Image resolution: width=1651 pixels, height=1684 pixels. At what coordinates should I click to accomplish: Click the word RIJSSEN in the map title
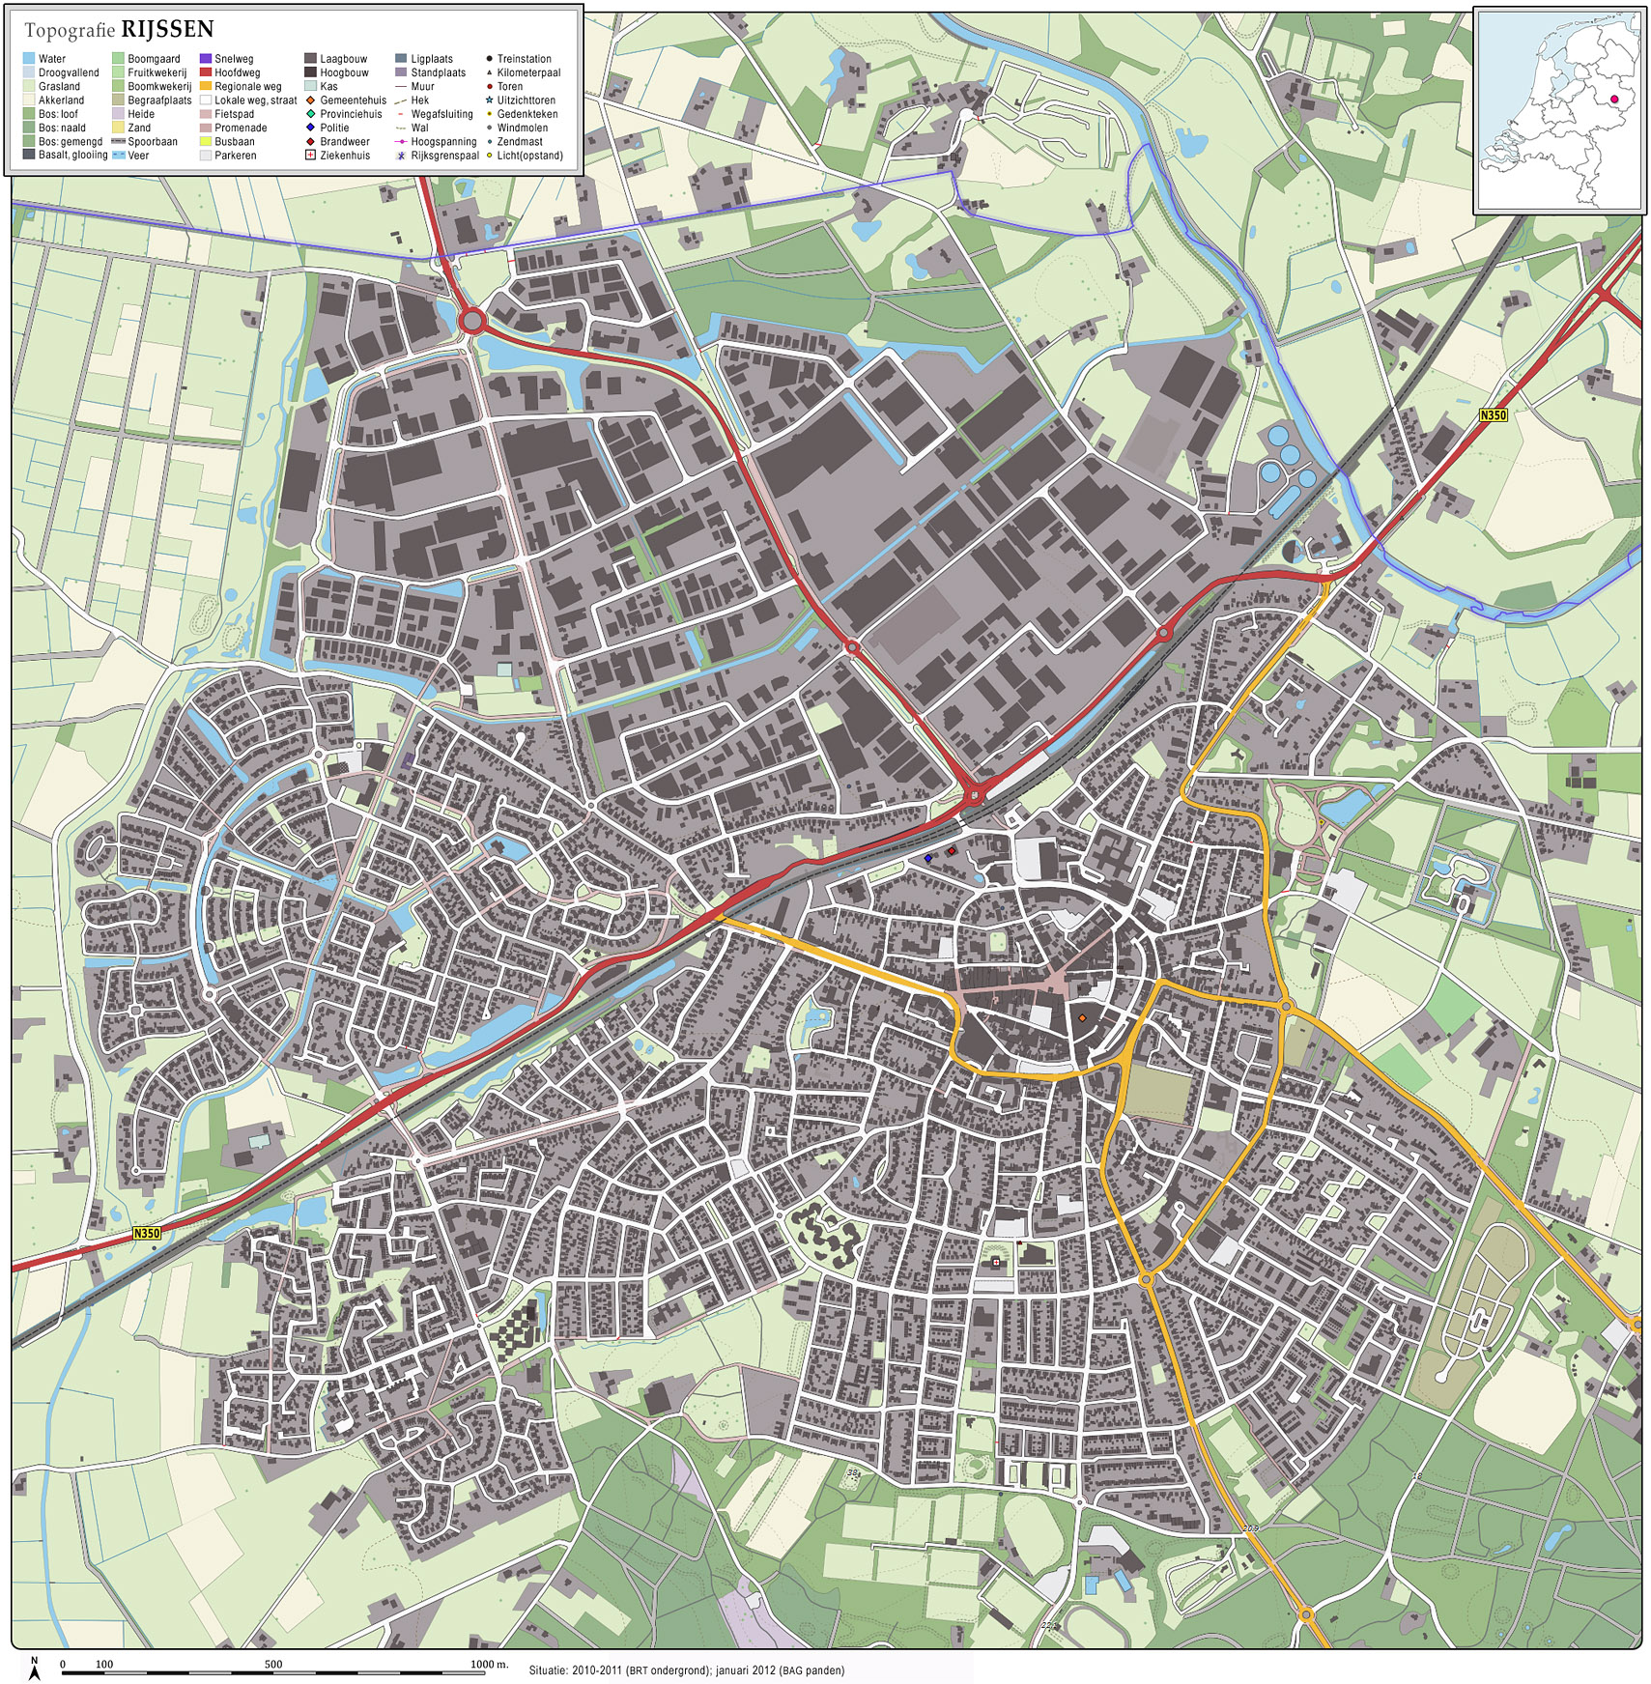[x=167, y=29]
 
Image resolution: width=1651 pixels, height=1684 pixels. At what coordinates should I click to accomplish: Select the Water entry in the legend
[x=52, y=59]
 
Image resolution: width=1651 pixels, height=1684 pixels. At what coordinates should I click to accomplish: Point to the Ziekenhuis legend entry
[x=345, y=156]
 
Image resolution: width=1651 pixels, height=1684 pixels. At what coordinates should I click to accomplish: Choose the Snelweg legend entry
[x=234, y=59]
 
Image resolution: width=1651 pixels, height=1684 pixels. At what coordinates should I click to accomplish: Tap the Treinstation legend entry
[x=524, y=59]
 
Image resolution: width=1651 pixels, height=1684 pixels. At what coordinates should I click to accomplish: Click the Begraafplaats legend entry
[x=159, y=100]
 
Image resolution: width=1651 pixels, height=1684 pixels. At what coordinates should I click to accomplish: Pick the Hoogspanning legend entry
[x=443, y=142]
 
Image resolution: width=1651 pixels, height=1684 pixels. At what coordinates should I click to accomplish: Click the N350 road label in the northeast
[x=1493, y=415]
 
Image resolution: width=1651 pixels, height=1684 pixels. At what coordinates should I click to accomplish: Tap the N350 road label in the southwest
[x=147, y=1233]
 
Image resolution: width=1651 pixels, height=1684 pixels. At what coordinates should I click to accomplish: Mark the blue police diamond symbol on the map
[x=928, y=858]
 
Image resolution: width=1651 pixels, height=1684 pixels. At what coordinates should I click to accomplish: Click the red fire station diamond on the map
[x=952, y=851]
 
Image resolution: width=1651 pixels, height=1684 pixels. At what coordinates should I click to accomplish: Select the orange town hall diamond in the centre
[x=1082, y=1018]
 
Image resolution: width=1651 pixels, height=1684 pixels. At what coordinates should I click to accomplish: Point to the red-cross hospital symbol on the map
[x=996, y=1262]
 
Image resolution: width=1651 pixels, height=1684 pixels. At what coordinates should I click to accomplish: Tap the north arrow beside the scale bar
[x=35, y=1668]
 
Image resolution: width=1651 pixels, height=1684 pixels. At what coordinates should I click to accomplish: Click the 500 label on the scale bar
[x=273, y=1664]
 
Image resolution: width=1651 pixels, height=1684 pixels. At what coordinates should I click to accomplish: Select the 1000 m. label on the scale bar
[x=489, y=1664]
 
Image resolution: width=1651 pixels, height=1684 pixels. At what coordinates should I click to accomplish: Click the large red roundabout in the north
[x=472, y=320]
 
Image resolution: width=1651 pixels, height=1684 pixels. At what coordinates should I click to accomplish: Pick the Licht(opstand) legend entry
[x=529, y=156]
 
